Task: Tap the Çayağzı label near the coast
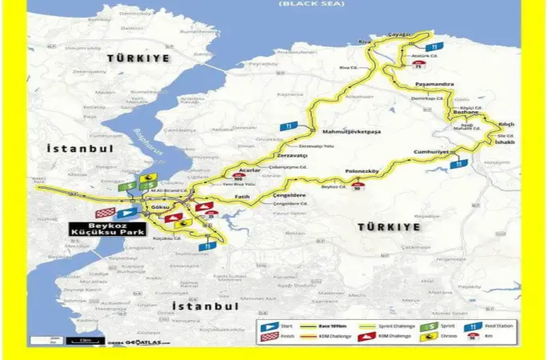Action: coord(398,35)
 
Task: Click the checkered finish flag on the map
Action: coord(105,213)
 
